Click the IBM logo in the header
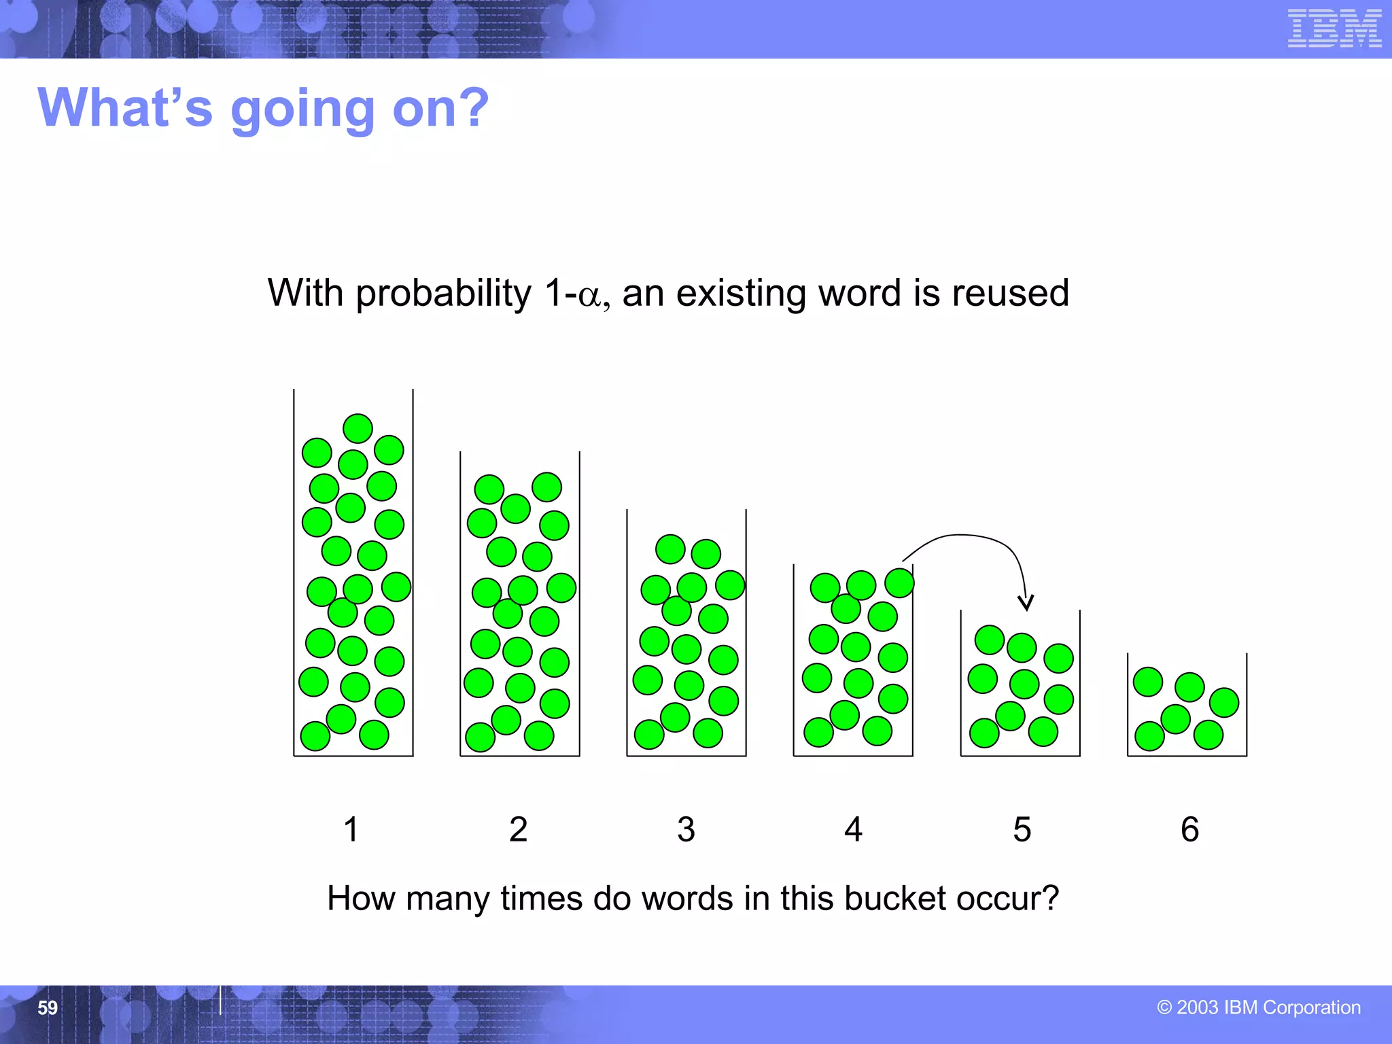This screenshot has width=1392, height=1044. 1334,29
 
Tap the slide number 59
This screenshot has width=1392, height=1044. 48,1007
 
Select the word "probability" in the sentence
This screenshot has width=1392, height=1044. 444,294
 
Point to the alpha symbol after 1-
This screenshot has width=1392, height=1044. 589,296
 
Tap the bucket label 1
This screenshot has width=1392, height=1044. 351,829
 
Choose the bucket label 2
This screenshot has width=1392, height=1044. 518,829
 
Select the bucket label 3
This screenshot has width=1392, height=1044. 686,829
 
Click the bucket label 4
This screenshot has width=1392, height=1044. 853,829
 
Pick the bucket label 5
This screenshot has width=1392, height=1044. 1022,829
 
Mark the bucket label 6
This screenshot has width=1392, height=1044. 1189,829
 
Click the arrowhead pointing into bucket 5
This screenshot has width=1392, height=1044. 1026,602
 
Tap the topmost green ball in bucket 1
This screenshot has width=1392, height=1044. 358,428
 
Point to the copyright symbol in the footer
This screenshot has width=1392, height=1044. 1164,1008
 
